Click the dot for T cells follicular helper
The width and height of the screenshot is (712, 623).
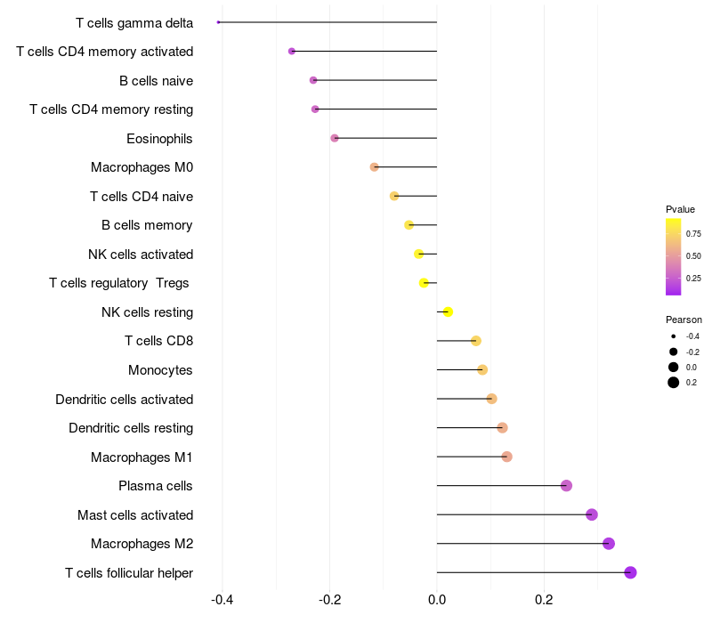(x=630, y=572)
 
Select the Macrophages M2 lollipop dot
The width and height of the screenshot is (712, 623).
(x=609, y=544)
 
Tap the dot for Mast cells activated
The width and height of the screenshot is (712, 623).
(x=592, y=514)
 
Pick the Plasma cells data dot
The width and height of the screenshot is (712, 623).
(x=566, y=486)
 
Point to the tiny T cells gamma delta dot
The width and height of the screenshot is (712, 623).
(x=218, y=22)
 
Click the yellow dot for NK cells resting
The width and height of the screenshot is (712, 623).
(x=449, y=311)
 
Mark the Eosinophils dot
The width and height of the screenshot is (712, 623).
(x=335, y=138)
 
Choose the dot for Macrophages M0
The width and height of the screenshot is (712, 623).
(x=375, y=167)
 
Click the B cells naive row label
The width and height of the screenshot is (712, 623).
(x=156, y=81)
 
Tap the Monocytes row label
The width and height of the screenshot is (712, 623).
(x=160, y=370)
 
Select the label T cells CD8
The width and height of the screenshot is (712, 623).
(x=158, y=341)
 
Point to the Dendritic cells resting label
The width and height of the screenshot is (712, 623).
(x=131, y=428)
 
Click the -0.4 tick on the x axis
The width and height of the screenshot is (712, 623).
(x=222, y=600)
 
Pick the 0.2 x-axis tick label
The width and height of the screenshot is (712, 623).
(x=544, y=600)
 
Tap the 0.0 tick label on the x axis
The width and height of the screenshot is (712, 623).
(x=437, y=600)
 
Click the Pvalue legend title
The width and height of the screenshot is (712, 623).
(x=680, y=209)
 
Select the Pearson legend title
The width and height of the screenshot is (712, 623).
(x=684, y=320)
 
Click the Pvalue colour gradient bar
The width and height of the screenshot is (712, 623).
(x=674, y=256)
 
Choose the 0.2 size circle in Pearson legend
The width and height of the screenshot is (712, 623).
(x=674, y=383)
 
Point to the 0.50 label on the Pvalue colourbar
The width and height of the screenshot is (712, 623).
(x=693, y=256)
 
